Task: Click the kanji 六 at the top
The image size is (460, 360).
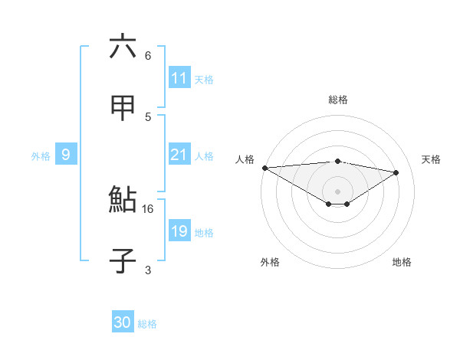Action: click(x=123, y=47)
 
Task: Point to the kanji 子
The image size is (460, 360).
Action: click(x=123, y=260)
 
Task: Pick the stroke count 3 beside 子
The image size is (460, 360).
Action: click(x=148, y=269)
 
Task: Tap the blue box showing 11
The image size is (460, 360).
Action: click(x=179, y=78)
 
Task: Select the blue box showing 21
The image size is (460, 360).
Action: click(x=179, y=155)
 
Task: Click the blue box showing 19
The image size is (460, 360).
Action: click(x=179, y=231)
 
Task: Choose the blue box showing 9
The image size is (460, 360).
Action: click(x=66, y=155)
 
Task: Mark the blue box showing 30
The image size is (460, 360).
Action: click(x=123, y=322)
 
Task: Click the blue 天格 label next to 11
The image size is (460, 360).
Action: click(x=204, y=79)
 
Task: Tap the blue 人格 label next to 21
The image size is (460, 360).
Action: click(x=204, y=155)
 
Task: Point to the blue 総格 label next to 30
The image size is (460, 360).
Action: click(x=147, y=323)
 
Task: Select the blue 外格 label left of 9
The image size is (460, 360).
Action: click(x=41, y=155)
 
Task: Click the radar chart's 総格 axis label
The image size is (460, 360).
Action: click(x=337, y=100)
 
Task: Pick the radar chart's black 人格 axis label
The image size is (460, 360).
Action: click(x=245, y=159)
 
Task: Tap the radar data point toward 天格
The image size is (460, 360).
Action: click(x=396, y=172)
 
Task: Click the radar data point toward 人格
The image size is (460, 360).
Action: click(x=264, y=167)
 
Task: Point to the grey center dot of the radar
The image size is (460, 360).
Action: click(x=337, y=191)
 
